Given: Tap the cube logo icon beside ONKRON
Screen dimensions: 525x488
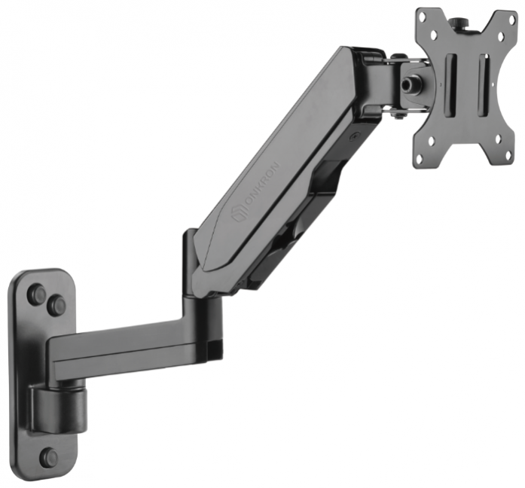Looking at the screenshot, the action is (239, 214).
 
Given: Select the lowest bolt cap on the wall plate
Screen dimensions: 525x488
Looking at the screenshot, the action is (49, 457).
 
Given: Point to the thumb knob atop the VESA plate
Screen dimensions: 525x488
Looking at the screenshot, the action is (456, 24).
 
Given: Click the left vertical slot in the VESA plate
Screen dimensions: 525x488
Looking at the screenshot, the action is (451, 85).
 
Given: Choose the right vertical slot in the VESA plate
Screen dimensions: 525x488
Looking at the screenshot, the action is (484, 86).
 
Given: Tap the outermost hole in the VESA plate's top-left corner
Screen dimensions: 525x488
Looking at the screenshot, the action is (423, 16).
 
